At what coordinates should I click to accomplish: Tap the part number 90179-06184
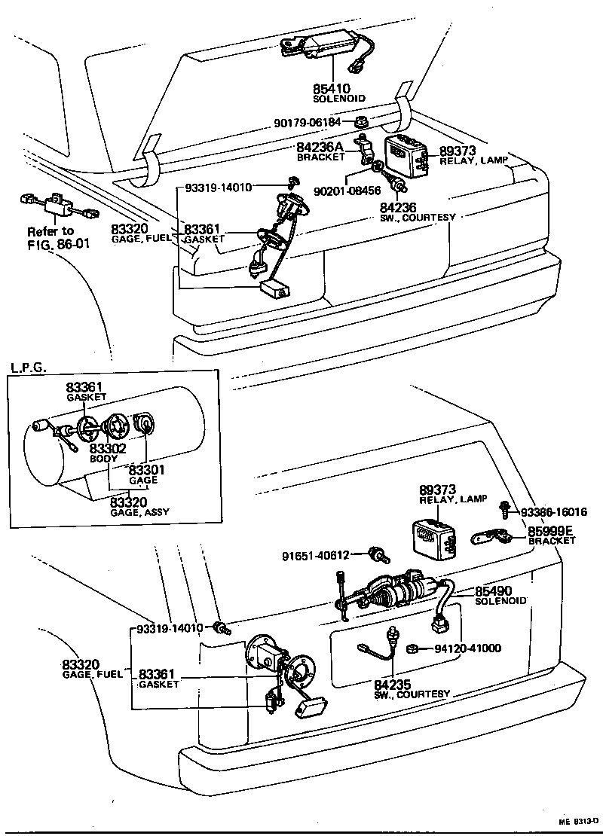pos(306,122)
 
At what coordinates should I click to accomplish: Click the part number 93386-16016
pos(554,512)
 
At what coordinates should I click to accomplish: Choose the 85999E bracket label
pos(552,530)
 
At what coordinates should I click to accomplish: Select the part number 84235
pos(392,684)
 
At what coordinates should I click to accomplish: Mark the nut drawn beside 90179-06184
pos(361,121)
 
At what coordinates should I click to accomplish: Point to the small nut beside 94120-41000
pos(413,648)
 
